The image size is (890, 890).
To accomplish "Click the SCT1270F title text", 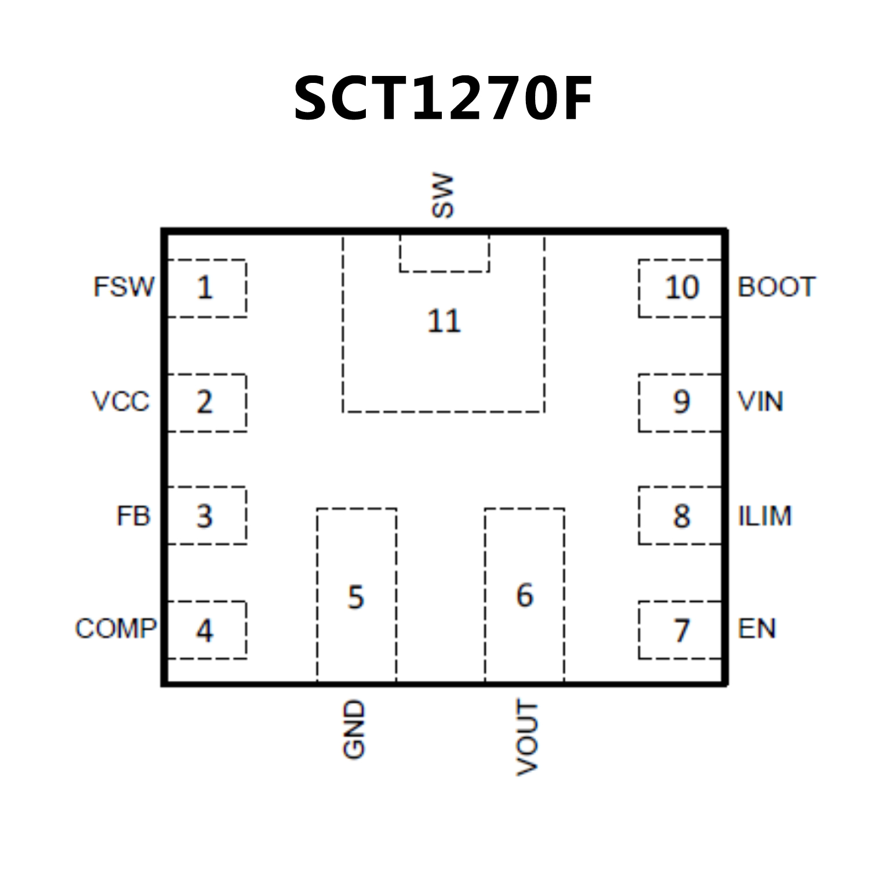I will click(444, 99).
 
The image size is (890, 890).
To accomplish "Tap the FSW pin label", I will click(124, 287).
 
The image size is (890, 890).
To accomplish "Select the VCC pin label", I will click(121, 401).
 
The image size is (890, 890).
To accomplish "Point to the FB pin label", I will click(133, 516).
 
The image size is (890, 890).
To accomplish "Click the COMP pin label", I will click(116, 629).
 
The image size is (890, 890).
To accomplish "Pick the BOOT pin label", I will click(776, 287).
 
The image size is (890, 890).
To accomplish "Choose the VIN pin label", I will click(760, 401).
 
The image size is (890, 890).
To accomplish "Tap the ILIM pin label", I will click(764, 516).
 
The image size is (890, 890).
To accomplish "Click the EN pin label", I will click(757, 629).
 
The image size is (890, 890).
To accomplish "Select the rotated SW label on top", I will click(443, 195).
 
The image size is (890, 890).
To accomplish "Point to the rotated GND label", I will click(354, 729).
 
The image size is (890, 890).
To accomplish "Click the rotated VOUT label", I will click(527, 738).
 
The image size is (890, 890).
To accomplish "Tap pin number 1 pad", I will click(205, 288).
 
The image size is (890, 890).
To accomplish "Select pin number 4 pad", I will click(205, 630).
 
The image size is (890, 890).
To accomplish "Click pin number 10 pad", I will click(681, 288).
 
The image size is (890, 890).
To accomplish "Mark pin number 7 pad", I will click(681, 630).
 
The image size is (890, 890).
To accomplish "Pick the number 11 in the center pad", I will click(444, 321).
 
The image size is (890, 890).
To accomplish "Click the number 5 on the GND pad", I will click(356, 597).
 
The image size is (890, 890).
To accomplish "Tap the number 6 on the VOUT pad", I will click(525, 595).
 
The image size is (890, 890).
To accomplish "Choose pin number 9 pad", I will click(681, 402).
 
